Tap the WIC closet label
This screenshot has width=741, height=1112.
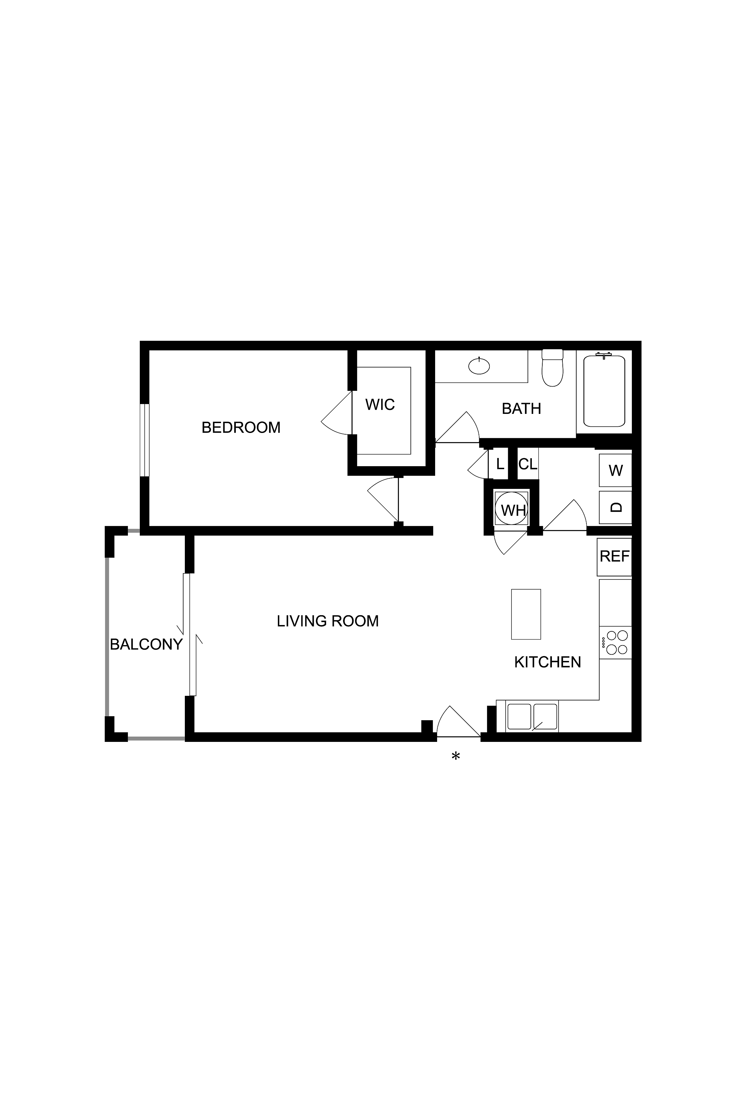coord(380,405)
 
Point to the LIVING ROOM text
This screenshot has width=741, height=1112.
coord(328,621)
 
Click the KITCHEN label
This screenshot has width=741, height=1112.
coord(547,662)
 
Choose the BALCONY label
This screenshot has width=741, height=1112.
coord(146,644)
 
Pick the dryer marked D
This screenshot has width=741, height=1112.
coord(615,507)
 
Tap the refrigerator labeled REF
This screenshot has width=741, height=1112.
coord(614,556)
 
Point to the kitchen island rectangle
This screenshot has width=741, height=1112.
coord(526,614)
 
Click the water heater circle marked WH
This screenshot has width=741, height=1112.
coord(511,510)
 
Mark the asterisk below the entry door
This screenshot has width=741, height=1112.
coord(456,757)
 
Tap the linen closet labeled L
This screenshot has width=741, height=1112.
coord(500,464)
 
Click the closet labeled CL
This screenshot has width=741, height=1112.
coord(528,464)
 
